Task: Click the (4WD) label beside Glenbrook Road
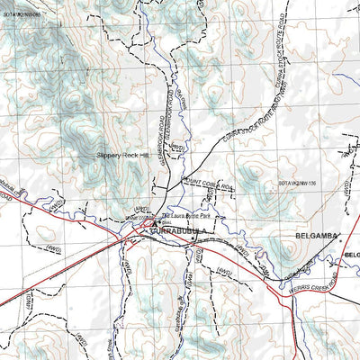[x=177, y=145]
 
